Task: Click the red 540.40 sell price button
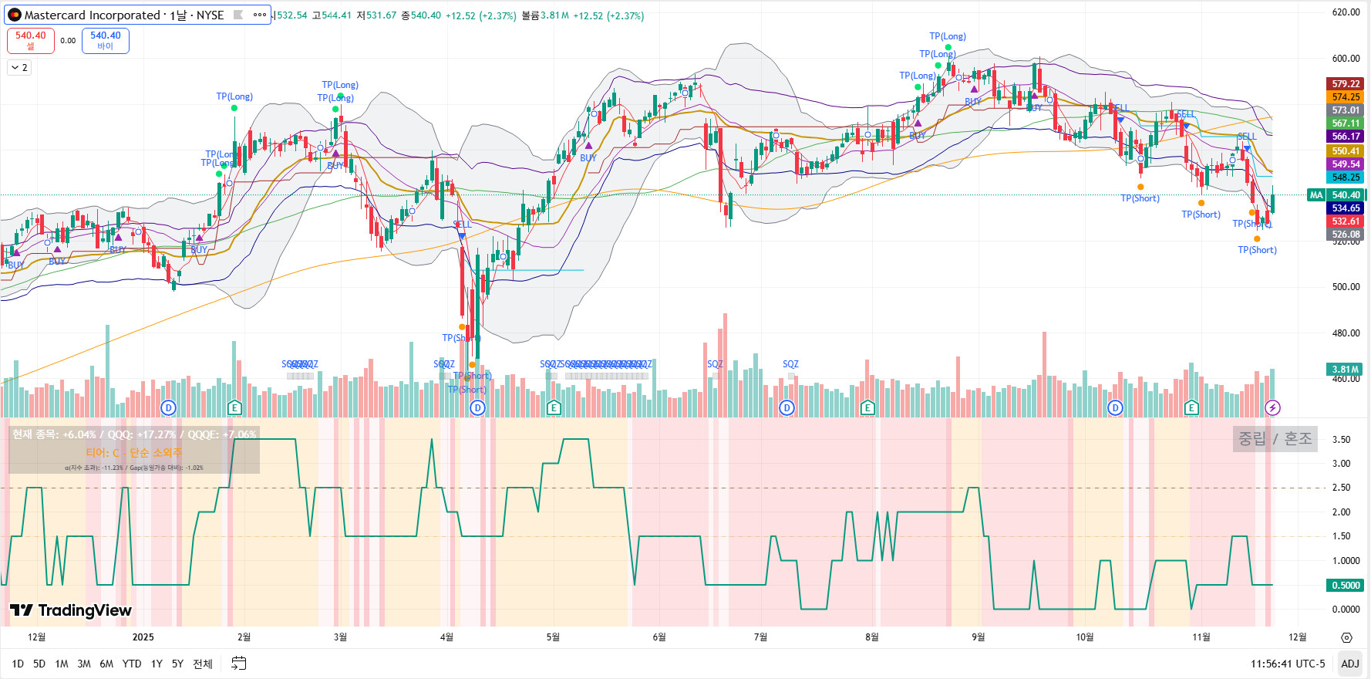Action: point(31,40)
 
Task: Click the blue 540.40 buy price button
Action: point(106,40)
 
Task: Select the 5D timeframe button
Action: point(39,664)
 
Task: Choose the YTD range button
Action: point(132,664)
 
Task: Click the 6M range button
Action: point(106,664)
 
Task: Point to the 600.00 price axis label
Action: point(1346,59)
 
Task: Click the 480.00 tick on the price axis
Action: point(1346,333)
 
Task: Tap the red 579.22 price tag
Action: point(1346,84)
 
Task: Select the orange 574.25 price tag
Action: point(1346,97)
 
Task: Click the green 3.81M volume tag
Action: point(1346,370)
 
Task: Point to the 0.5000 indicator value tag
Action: point(1346,586)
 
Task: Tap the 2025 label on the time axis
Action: point(143,637)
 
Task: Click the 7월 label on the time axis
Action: point(760,637)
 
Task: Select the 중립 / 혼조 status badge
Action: point(1275,439)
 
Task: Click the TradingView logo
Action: point(71,610)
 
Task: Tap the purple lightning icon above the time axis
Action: point(1272,407)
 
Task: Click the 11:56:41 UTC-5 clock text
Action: point(1288,664)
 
